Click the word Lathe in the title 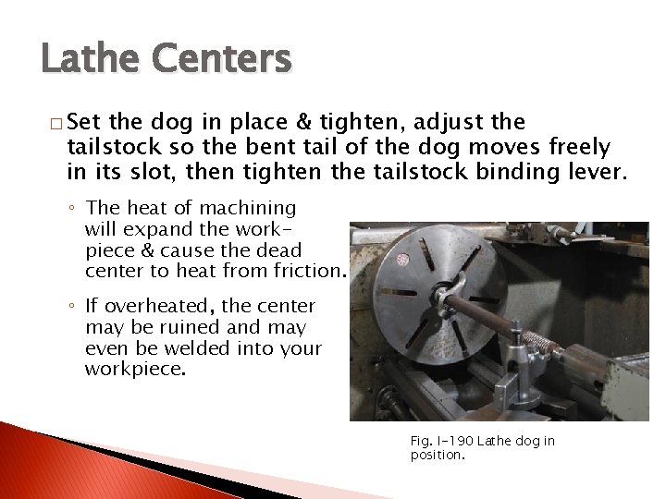[x=89, y=60]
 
